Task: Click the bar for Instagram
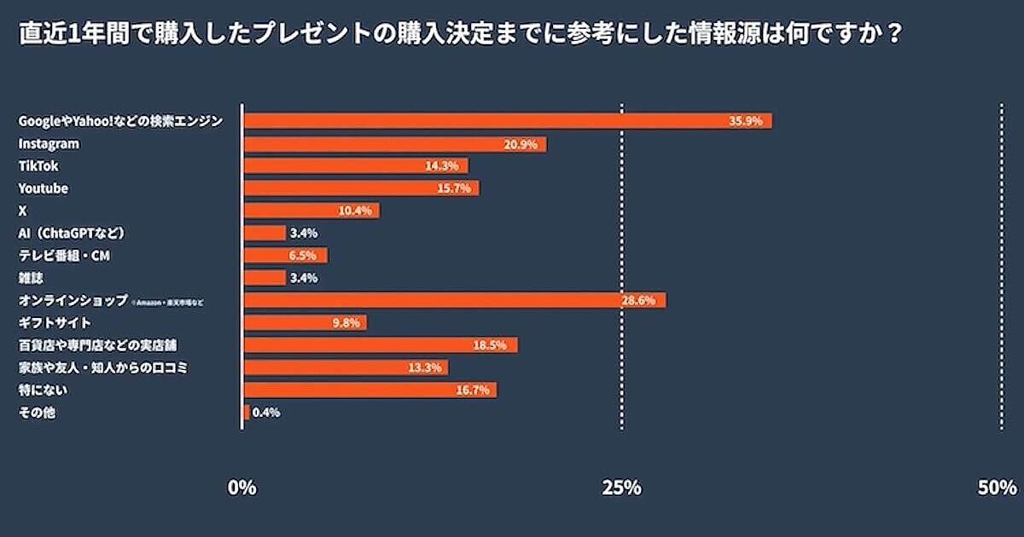pos(394,144)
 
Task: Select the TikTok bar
pos(355,166)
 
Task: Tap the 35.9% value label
pos(745,121)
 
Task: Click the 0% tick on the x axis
pos(242,488)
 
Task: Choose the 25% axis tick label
pos(621,488)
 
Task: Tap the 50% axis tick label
pos(997,488)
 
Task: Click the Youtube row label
pos(43,188)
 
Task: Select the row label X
pos(23,211)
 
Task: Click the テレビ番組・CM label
pos(65,255)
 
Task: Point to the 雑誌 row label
pos(30,278)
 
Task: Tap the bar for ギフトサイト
pos(305,322)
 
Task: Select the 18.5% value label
pos(490,345)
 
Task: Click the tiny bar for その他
pos(246,413)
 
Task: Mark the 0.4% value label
pos(266,413)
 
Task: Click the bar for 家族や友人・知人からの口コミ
pos(346,367)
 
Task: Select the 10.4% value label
pos(355,211)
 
